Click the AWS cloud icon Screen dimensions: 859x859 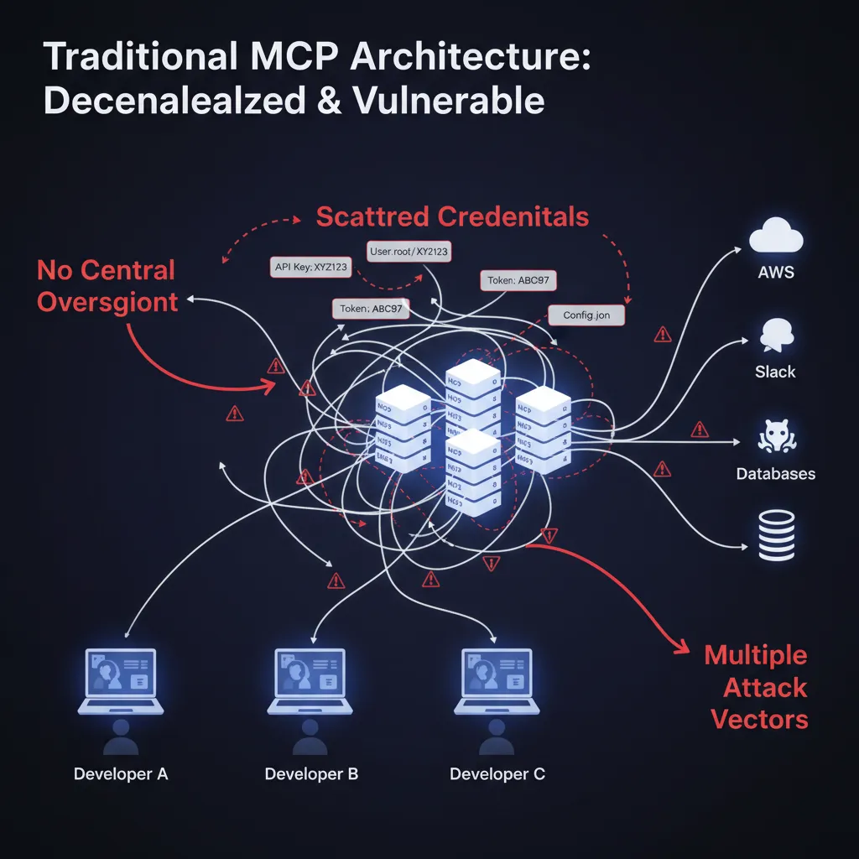[x=774, y=236]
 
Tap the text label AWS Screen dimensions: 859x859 [x=774, y=273]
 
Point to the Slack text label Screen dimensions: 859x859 [x=774, y=372]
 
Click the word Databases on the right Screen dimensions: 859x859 [x=775, y=474]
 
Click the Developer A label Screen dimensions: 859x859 [x=121, y=773]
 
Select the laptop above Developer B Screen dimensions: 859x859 [x=310, y=681]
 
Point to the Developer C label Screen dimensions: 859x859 [x=497, y=773]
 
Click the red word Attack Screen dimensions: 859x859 [x=764, y=688]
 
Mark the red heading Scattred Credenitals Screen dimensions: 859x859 [x=452, y=216]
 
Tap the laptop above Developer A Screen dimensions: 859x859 [x=121, y=681]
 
